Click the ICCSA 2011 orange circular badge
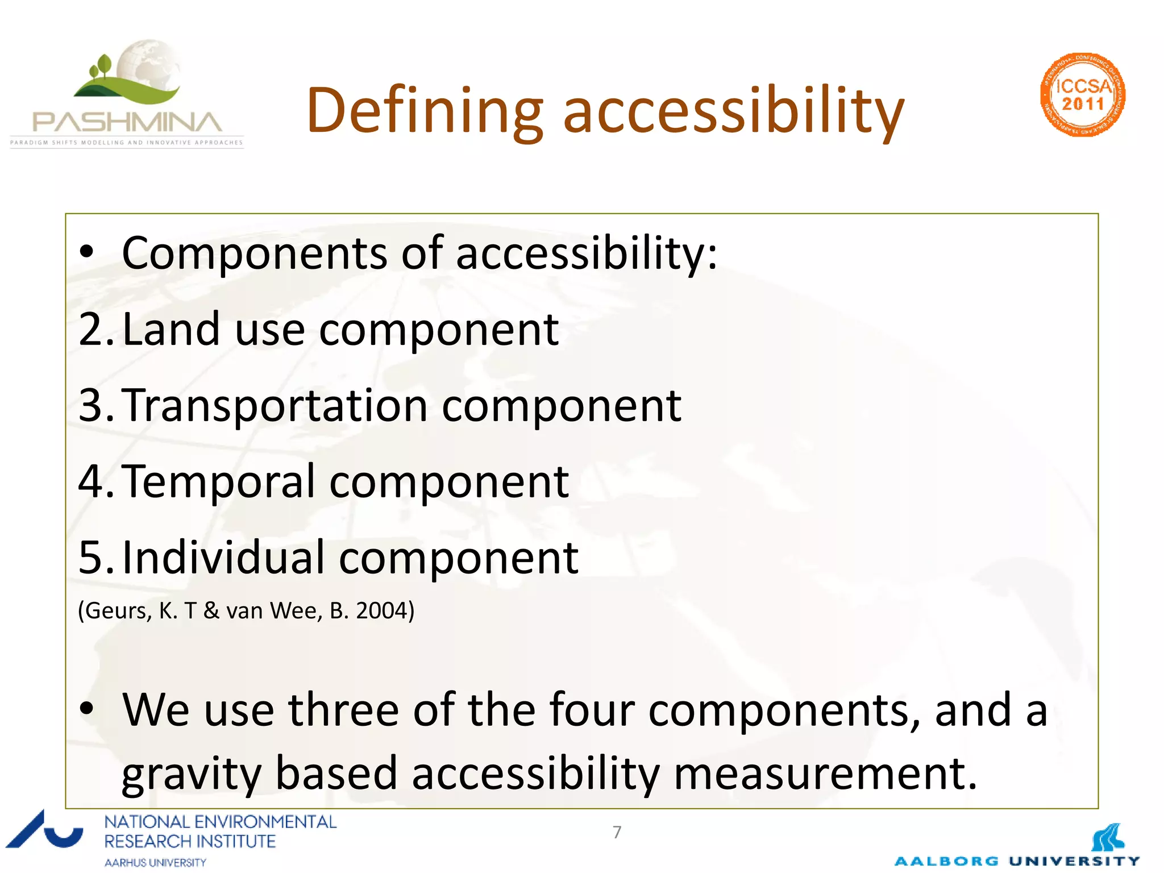tap(1083, 95)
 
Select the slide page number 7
tap(617, 832)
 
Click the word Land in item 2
tap(171, 330)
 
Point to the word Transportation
tap(275, 406)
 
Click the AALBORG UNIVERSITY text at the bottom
tap(1017, 861)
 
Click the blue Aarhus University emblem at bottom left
tap(44, 831)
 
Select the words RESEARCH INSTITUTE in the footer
tap(190, 841)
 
